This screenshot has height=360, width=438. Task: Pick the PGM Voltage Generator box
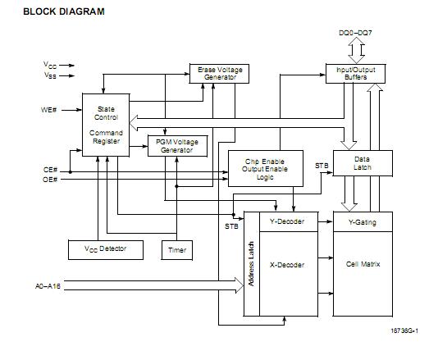click(175, 145)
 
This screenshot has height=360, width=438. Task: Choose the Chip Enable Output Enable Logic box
click(266, 168)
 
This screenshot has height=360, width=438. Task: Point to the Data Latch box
click(363, 163)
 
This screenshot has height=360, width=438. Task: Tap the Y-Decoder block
click(287, 221)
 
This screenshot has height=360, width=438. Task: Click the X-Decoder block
click(287, 265)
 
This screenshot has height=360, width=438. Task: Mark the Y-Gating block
click(363, 221)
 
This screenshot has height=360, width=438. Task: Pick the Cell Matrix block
click(363, 265)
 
